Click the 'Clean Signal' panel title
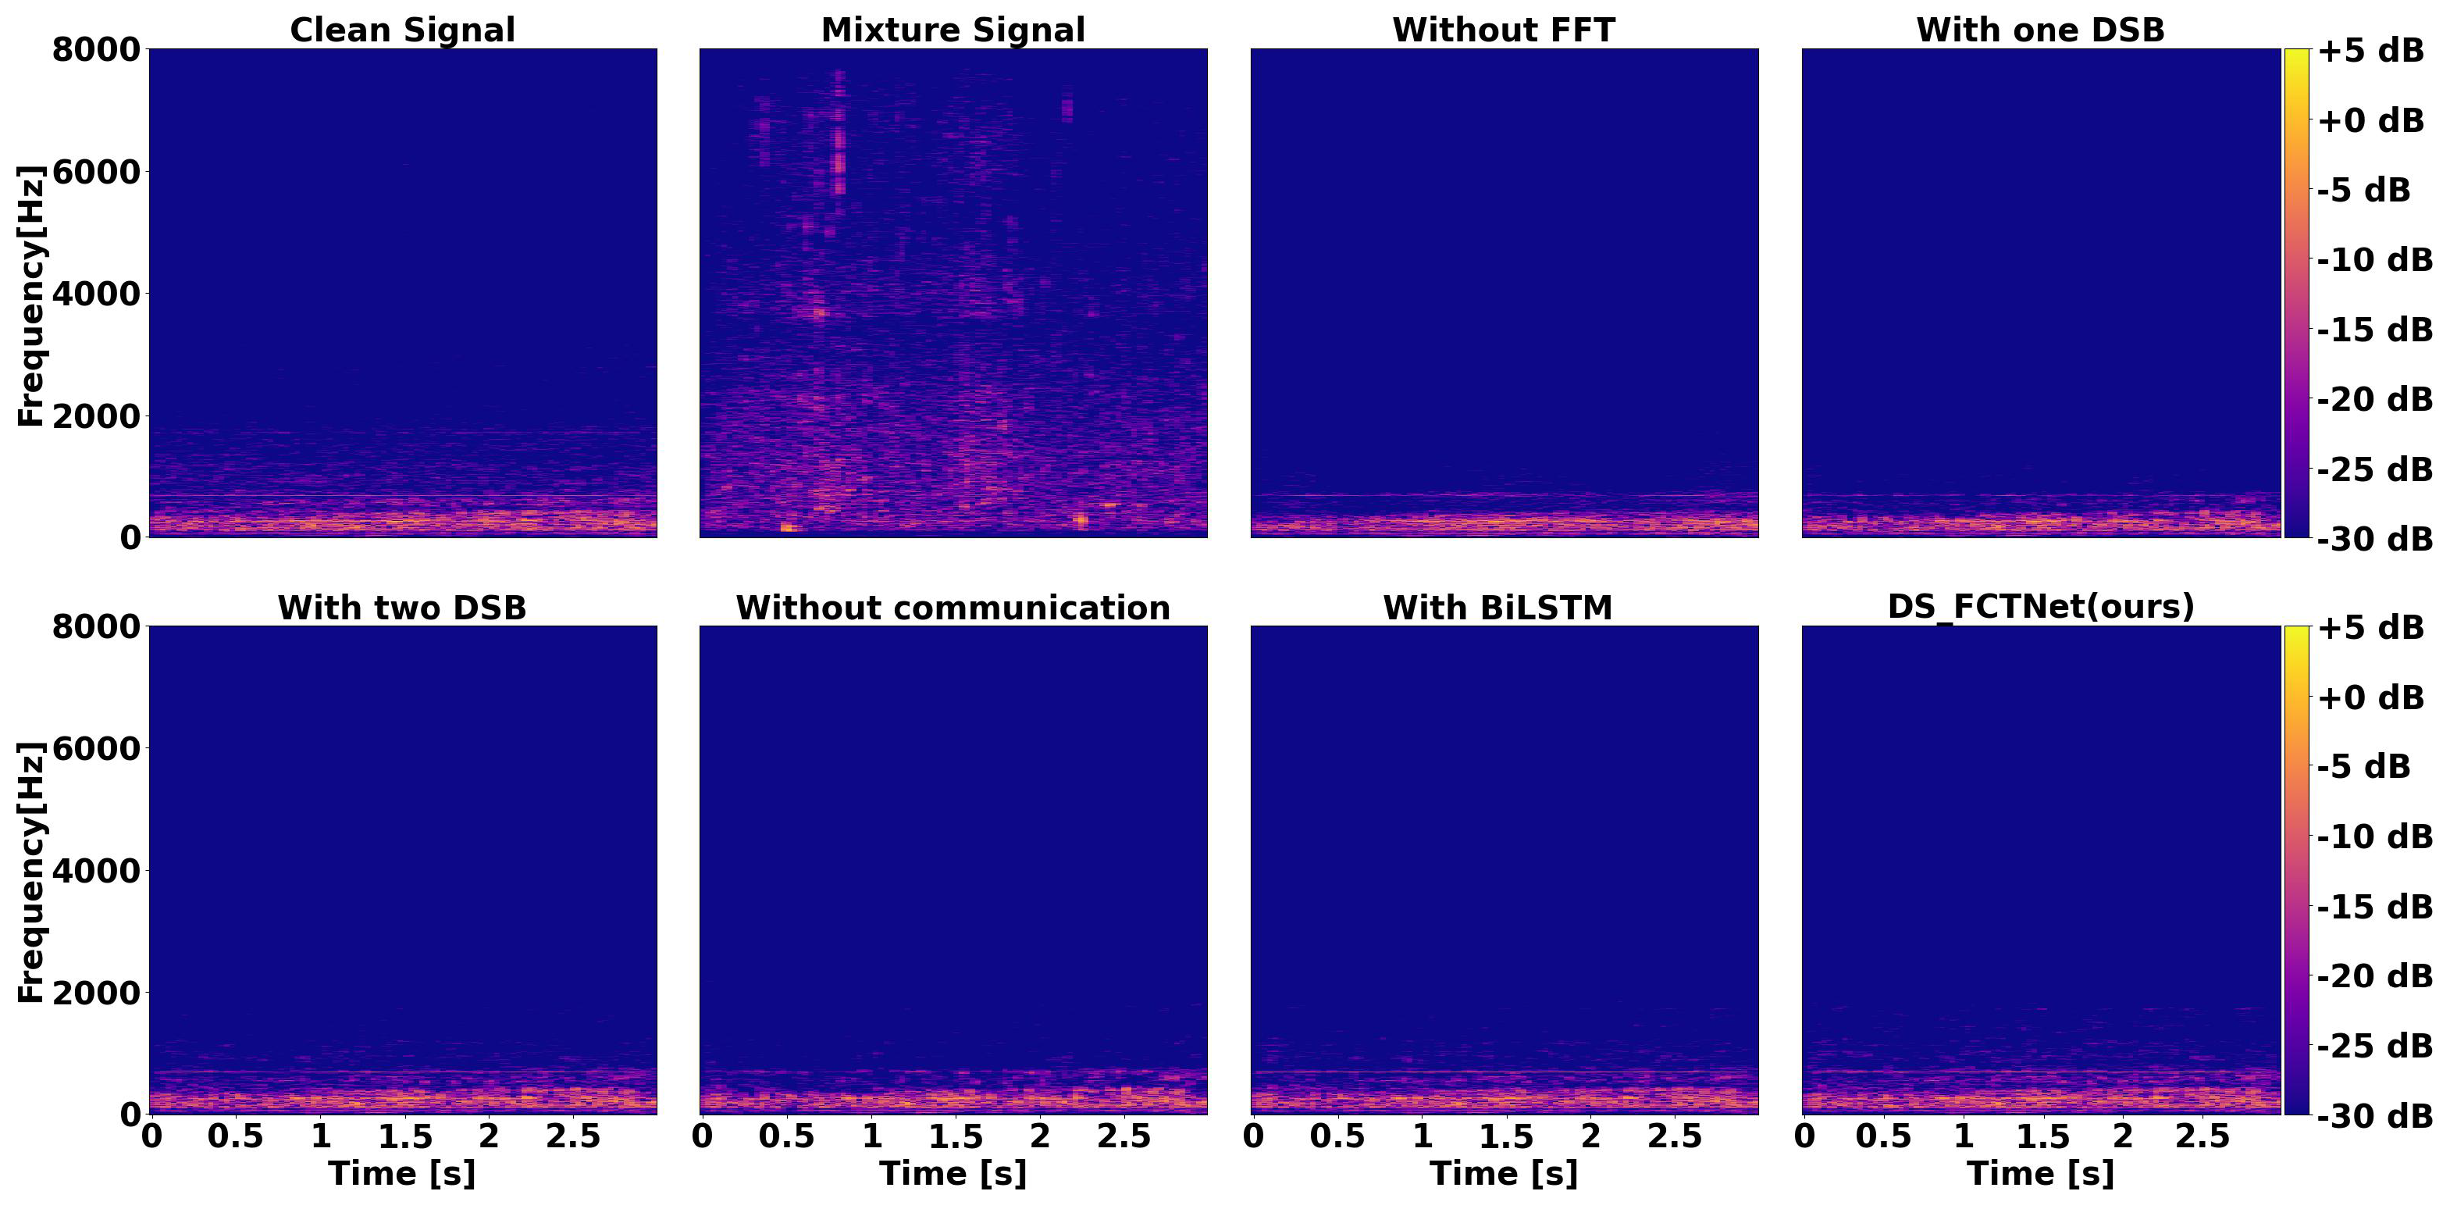402,30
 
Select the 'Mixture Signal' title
953,30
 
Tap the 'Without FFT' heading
1504,30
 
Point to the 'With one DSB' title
2040,30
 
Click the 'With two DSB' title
402,607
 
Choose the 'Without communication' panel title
953,607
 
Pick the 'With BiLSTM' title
1498,607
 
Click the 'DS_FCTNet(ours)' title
2041,605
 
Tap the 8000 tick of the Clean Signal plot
96,48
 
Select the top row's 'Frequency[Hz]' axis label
30,295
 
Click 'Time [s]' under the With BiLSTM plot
1504,1173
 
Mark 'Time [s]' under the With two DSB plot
402,1173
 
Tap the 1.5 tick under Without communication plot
955,1136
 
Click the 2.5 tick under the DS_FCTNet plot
2202,1136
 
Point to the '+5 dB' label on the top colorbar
2370,51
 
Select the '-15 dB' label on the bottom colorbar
2374,907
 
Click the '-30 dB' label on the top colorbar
2374,538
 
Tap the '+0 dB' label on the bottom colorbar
2370,697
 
